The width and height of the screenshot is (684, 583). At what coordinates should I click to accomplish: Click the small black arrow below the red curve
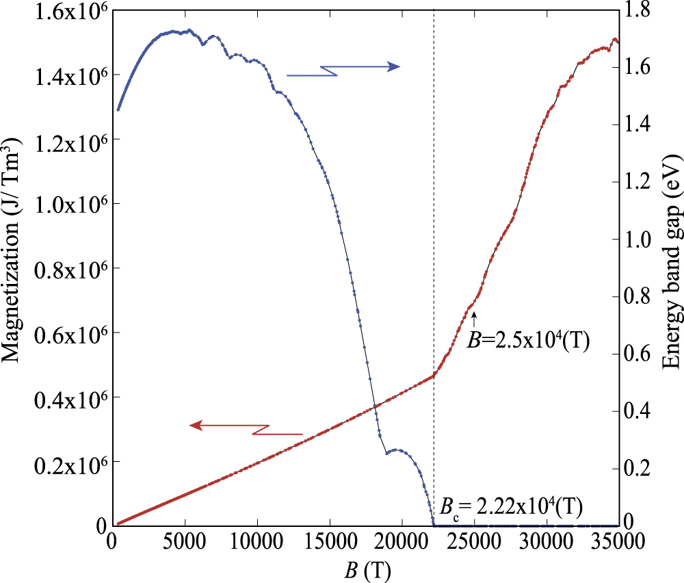coord(473,317)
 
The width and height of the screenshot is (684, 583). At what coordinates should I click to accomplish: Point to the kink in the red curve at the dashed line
coord(434,375)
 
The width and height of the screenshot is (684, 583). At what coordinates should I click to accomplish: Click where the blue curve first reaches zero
coord(434,525)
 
